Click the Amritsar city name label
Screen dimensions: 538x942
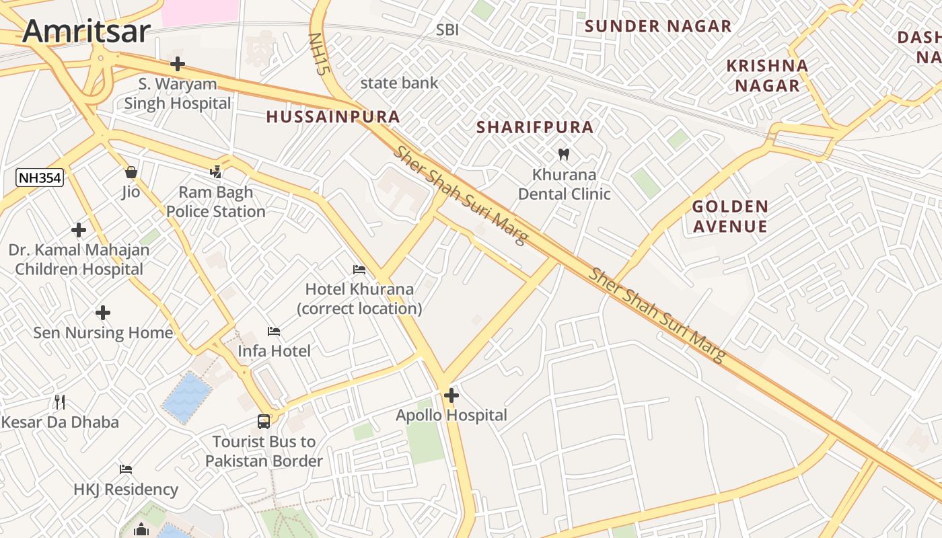tap(86, 32)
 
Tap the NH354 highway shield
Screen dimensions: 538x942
tap(40, 178)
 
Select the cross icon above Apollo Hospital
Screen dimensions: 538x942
tap(451, 395)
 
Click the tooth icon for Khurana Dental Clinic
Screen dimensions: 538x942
tap(564, 154)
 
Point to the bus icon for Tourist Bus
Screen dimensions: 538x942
tap(264, 422)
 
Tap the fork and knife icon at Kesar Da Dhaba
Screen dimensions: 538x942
tap(60, 402)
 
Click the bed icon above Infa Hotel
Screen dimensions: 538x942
tap(274, 331)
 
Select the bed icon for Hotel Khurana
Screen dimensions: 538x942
tap(359, 270)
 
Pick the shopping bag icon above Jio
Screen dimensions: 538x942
tap(131, 172)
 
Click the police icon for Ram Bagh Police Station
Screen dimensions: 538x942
tap(216, 172)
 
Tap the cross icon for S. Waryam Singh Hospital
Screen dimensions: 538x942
tap(178, 64)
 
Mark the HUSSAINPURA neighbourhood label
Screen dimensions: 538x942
tap(333, 117)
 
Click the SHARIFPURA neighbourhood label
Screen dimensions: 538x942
tap(535, 127)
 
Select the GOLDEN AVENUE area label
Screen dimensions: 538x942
tap(730, 216)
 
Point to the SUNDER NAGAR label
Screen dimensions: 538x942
tap(657, 26)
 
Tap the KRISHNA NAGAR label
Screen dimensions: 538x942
tap(767, 75)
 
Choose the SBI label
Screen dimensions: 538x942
tap(447, 30)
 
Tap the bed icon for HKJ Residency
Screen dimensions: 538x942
tap(126, 469)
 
